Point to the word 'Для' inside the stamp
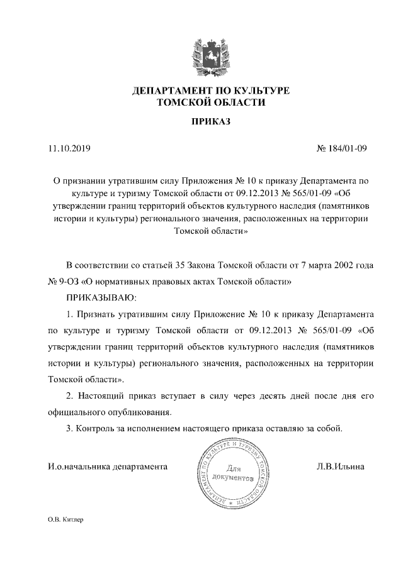[x=234, y=468]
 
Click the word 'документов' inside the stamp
[x=234, y=478]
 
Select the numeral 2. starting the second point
[x=69, y=397]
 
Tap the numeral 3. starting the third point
[x=69, y=429]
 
